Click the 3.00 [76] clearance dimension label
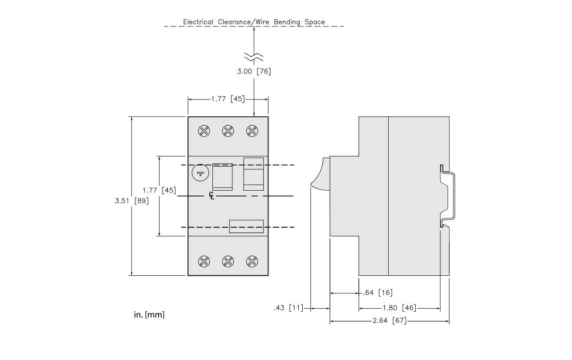tap(254, 71)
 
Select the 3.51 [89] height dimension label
tap(132, 201)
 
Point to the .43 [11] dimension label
tap(288, 308)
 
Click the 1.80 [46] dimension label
tap(399, 308)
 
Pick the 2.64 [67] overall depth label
tap(390, 321)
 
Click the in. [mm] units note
tap(149, 314)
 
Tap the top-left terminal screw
tap(204, 131)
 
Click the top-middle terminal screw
tap(228, 131)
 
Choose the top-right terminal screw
tap(251, 131)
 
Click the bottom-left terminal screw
tap(204, 261)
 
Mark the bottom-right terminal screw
tap(251, 261)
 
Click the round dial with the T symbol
tap(200, 173)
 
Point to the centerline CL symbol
tap(212, 196)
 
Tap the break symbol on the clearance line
tap(254, 56)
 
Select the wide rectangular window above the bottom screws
tap(246, 226)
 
